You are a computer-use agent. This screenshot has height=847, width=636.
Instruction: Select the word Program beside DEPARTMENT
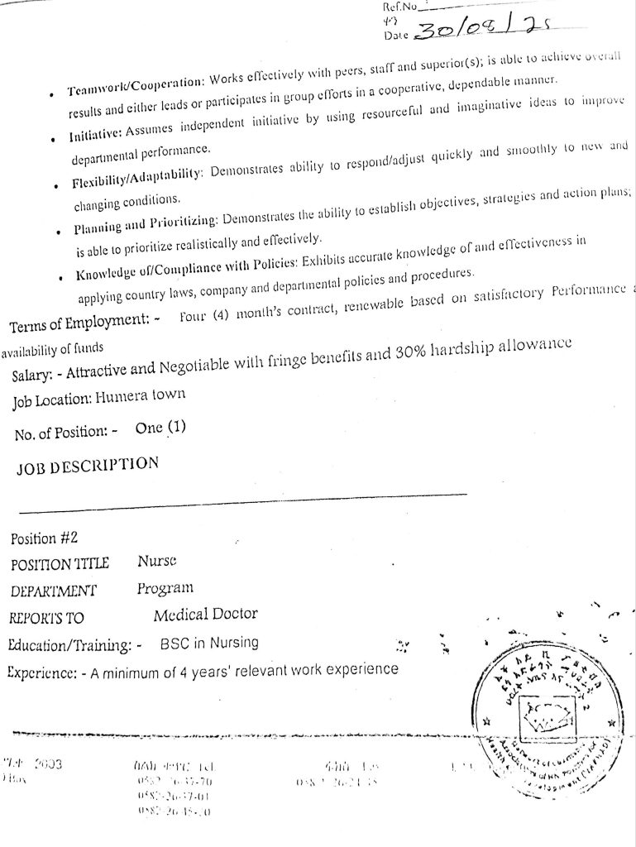click(x=165, y=589)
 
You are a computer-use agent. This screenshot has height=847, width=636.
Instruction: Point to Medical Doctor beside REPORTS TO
click(x=205, y=615)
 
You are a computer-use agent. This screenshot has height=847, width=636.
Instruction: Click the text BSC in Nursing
click(x=208, y=642)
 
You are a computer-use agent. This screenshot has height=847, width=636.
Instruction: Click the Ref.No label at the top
click(x=399, y=7)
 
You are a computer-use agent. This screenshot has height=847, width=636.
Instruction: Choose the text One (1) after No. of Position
click(x=160, y=428)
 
